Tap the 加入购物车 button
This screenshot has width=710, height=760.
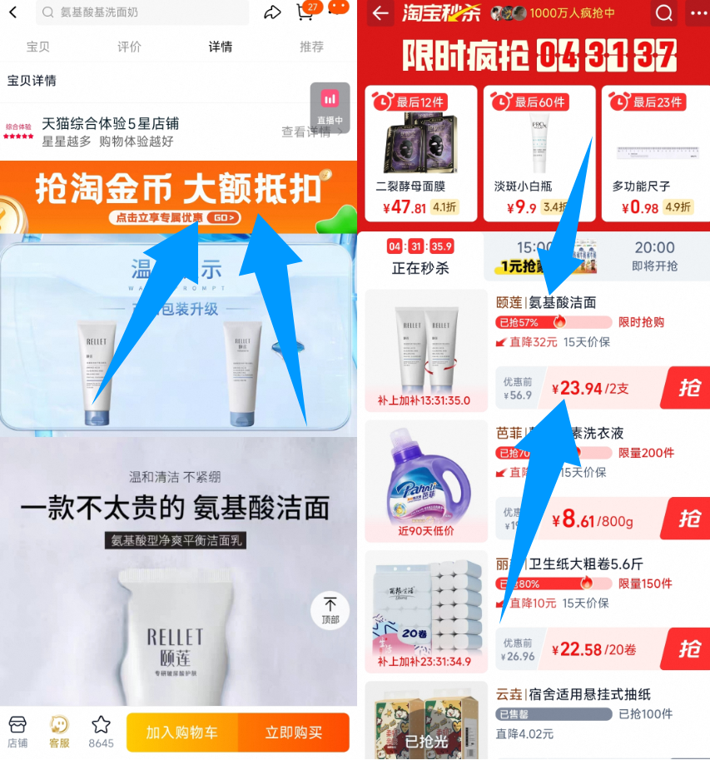coord(182,733)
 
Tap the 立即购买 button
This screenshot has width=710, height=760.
coord(293,733)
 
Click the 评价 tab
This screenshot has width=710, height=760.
coord(129,47)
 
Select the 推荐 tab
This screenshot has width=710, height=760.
coord(311,47)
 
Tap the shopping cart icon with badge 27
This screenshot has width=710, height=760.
coord(305,12)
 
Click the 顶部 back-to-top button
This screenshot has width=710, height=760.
coord(330,609)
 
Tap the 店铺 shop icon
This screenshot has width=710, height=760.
coord(17,730)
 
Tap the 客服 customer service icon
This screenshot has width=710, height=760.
coord(59,730)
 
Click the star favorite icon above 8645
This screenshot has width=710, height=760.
coord(101,725)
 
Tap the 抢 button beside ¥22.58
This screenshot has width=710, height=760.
coord(689,648)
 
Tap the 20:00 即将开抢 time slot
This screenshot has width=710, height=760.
coord(655,256)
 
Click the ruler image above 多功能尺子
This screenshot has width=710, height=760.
coord(654,152)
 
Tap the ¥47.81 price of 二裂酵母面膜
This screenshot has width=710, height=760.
coord(402,207)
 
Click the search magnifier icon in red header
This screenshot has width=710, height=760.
coord(664,13)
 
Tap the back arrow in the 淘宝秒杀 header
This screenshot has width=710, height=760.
coord(381,13)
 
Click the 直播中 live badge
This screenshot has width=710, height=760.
coord(330,107)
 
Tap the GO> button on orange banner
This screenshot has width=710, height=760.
coord(223,218)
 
